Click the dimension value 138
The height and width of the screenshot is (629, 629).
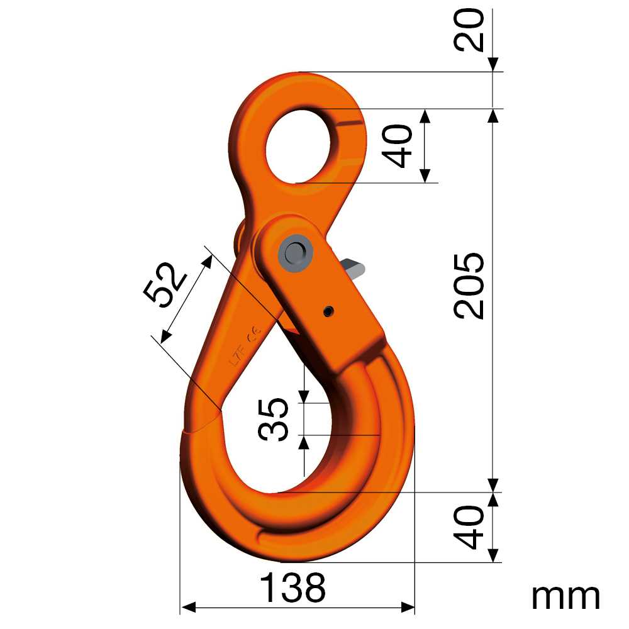(293, 588)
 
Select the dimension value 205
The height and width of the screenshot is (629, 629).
(470, 286)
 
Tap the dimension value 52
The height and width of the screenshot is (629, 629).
(165, 284)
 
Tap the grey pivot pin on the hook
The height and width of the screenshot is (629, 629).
(294, 252)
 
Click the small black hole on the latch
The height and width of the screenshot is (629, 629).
(328, 311)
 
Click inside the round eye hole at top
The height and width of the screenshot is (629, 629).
(295, 148)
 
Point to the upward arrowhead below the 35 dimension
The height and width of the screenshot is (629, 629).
(304, 442)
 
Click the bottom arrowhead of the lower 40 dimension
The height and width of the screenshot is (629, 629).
(493, 555)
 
